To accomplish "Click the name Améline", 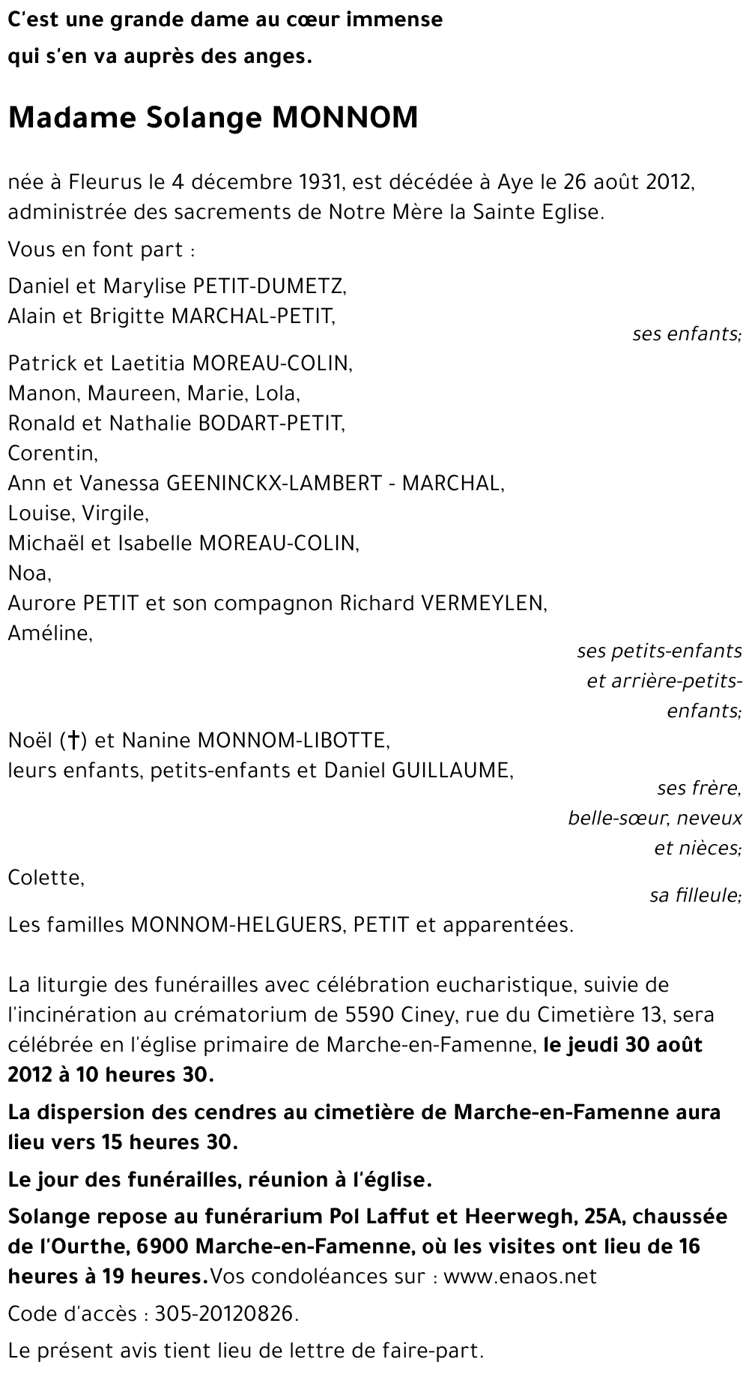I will (x=50, y=633).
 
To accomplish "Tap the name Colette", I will (x=46, y=877).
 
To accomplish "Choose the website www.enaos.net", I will (x=520, y=1277).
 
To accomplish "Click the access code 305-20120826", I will (x=226, y=1314).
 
